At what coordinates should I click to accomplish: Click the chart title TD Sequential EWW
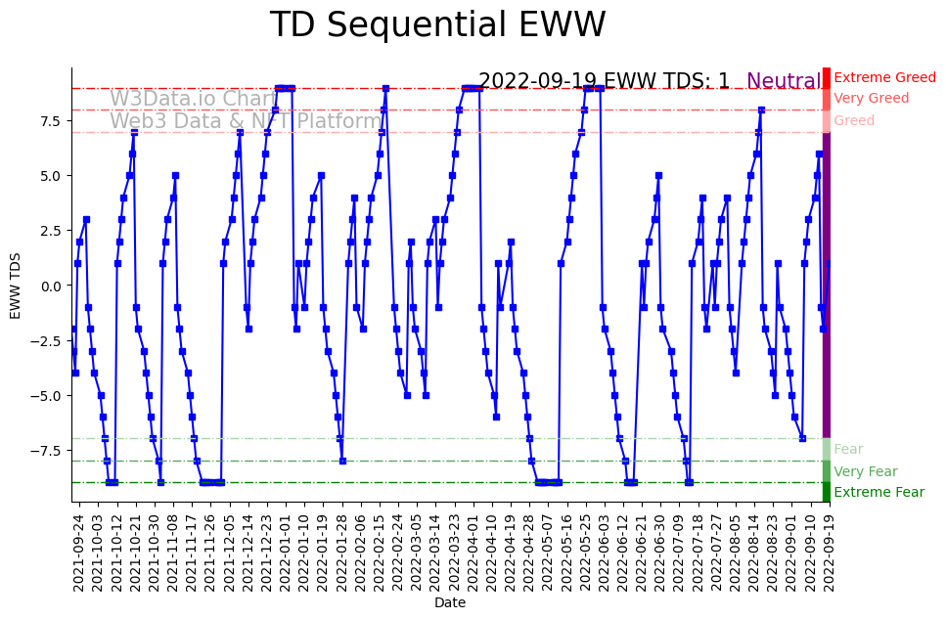click(437, 25)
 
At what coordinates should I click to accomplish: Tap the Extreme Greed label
click(884, 77)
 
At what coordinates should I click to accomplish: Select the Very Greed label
click(871, 99)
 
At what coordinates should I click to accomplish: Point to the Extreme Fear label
click(878, 493)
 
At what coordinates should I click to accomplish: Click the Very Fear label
click(865, 472)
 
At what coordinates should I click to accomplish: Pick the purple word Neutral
click(784, 82)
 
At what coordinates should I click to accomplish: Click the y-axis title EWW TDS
click(16, 285)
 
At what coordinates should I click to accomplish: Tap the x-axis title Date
click(450, 603)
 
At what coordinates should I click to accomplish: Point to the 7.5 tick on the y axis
click(50, 121)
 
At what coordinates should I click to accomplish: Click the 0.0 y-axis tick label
click(50, 286)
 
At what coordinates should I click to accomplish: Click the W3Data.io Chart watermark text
click(194, 99)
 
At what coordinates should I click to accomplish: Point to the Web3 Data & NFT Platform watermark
click(246, 121)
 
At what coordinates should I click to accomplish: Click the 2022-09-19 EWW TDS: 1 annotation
click(604, 81)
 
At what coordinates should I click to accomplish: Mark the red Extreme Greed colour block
click(827, 78)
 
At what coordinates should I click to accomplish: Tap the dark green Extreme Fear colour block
click(827, 492)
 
